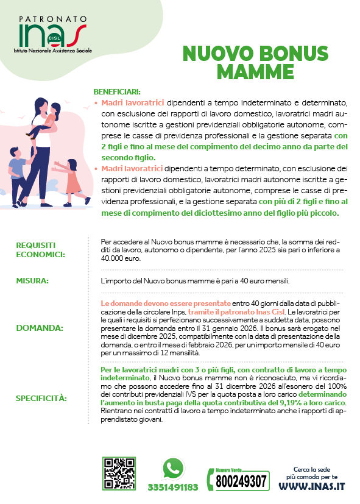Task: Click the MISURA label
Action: pos(33,281)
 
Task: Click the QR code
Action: pos(119,473)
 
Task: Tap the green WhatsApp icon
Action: pos(173,468)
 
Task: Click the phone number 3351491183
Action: pos(173,487)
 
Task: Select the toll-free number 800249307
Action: pos(242,481)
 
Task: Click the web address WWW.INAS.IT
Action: pos(311,486)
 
